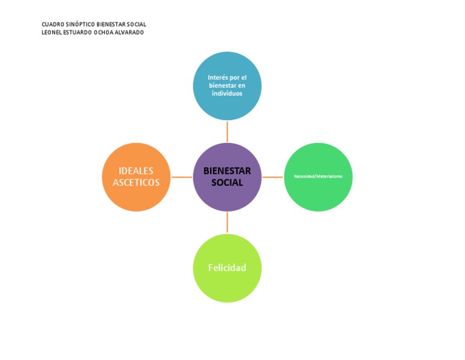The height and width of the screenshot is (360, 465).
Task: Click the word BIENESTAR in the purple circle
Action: [x=227, y=171]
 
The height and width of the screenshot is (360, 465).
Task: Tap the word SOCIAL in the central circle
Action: [x=227, y=182]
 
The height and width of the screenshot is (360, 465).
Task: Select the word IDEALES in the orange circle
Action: [x=136, y=171]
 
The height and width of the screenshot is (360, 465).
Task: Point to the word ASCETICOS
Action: [x=136, y=182]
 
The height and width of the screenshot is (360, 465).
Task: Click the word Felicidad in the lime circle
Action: [x=227, y=268]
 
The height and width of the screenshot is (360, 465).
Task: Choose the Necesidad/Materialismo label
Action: [x=318, y=176]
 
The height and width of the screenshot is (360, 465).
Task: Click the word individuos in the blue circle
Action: [x=227, y=93]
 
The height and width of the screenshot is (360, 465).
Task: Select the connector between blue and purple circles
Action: [x=227, y=132]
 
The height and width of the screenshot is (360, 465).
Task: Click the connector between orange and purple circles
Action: [x=182, y=177]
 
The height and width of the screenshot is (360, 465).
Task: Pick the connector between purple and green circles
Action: [x=272, y=177]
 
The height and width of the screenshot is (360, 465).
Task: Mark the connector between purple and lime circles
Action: [x=227, y=222]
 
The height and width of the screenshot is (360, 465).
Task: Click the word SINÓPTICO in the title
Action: [x=81, y=24]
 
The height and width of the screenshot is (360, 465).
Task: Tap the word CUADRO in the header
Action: [x=52, y=24]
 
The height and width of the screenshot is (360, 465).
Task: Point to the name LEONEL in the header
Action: [x=51, y=32]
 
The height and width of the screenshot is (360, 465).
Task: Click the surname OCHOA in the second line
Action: [x=102, y=32]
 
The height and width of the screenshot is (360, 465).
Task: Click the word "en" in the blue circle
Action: [x=242, y=85]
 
